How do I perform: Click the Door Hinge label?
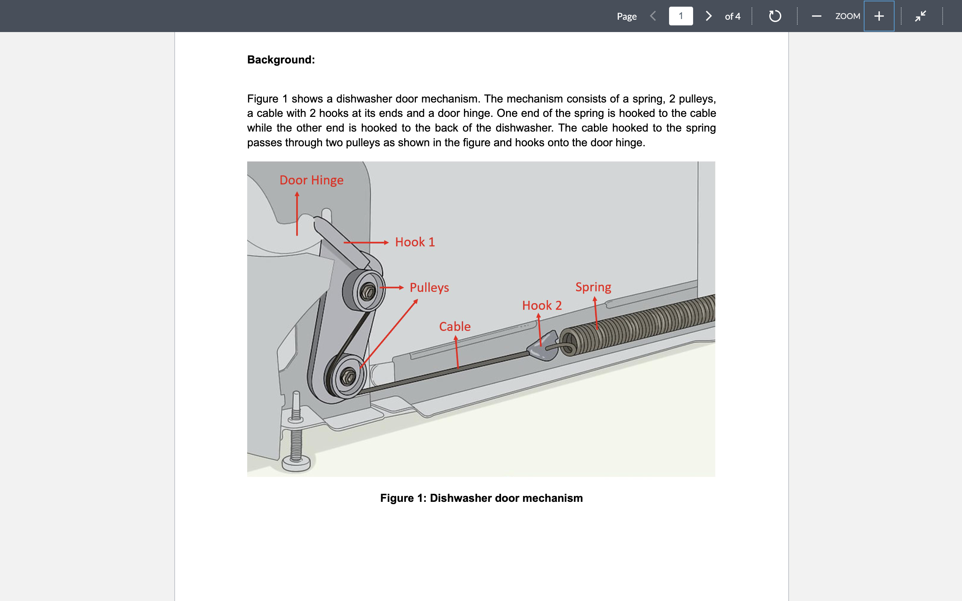[x=311, y=180]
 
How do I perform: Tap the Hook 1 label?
[x=415, y=242]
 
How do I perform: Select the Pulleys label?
[x=429, y=287]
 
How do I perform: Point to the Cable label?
[x=454, y=326]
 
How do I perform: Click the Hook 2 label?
[x=541, y=305]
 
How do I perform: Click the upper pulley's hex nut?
[x=367, y=292]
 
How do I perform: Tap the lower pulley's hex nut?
[x=348, y=376]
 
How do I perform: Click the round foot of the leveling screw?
[x=296, y=463]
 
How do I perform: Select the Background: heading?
[x=281, y=60]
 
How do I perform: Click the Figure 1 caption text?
[x=481, y=498]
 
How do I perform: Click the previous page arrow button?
[x=653, y=16]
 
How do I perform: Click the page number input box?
[x=680, y=16]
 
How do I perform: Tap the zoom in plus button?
[x=879, y=16]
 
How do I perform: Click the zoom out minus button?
[x=816, y=16]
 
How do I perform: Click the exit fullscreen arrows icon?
[x=921, y=16]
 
